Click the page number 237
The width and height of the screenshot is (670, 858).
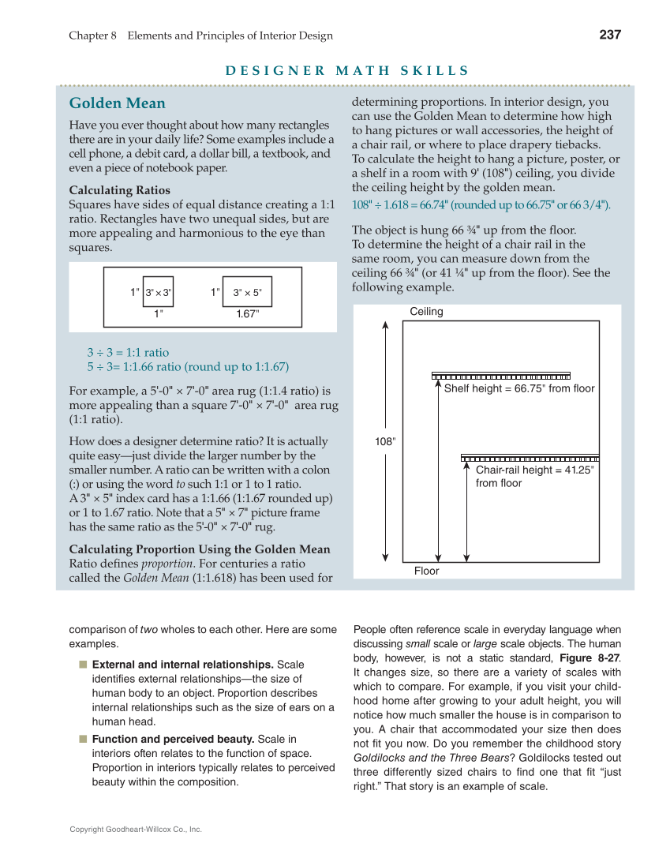610,35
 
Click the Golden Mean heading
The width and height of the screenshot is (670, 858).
118,103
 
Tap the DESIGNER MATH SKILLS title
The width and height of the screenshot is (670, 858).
347,71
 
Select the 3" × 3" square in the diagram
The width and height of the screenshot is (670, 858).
158,292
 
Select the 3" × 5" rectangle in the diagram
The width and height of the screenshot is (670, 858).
247,292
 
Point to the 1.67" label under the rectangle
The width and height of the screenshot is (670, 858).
247,313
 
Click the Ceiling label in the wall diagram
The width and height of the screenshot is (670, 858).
426,312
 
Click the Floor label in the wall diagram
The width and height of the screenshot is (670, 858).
426,571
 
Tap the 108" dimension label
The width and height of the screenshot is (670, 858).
384,442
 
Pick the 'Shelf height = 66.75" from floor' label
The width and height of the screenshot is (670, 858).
518,388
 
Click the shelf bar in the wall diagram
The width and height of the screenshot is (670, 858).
500,376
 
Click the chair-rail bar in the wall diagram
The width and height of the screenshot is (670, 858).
530,458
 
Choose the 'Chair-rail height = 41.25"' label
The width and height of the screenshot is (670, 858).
534,470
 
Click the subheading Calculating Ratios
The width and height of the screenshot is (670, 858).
119,190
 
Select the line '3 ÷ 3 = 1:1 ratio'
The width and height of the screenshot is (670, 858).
128,353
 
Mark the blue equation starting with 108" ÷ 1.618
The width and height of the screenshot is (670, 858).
481,205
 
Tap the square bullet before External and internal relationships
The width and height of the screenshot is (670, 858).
83,665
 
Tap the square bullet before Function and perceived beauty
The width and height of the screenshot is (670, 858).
83,740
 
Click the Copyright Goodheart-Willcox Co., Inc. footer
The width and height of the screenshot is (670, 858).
136,830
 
